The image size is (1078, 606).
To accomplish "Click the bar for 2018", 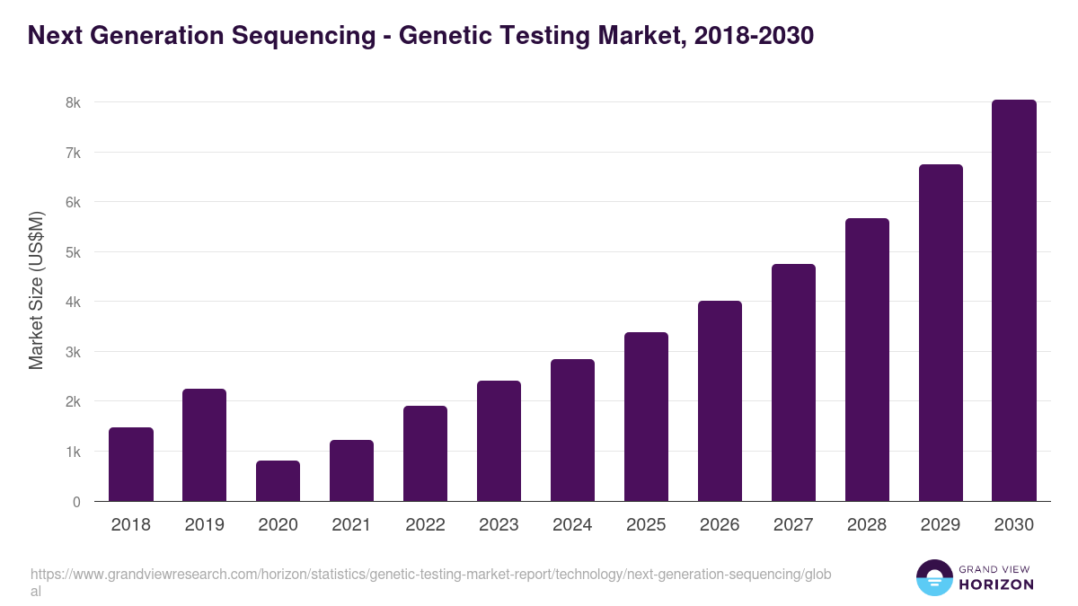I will pyautogui.click(x=131, y=464).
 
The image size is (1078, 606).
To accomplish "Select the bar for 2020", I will pyautogui.click(x=278, y=480).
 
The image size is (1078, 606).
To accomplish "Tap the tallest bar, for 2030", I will pyautogui.click(x=1014, y=301).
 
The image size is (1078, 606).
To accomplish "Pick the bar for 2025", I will pyautogui.click(x=646, y=417).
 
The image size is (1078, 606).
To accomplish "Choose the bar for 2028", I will pyautogui.click(x=867, y=359).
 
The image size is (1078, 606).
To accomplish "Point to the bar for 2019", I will pyautogui.click(x=205, y=444).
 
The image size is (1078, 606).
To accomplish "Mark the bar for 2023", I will pyautogui.click(x=499, y=441).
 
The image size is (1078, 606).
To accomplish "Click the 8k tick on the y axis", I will pyautogui.click(x=73, y=102).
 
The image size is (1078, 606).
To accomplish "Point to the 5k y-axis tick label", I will pyautogui.click(x=73, y=252).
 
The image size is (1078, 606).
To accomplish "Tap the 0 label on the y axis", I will pyautogui.click(x=76, y=502).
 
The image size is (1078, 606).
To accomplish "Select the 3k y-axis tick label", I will pyautogui.click(x=73, y=352).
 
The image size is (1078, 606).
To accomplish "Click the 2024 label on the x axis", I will pyautogui.click(x=572, y=525).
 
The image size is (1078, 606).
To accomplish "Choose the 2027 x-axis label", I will pyautogui.click(x=793, y=525).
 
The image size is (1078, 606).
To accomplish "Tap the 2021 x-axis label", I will pyautogui.click(x=351, y=525).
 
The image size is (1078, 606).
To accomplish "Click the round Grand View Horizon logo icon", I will pyautogui.click(x=933, y=577).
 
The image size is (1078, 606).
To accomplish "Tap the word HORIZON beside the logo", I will pyautogui.click(x=996, y=584).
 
